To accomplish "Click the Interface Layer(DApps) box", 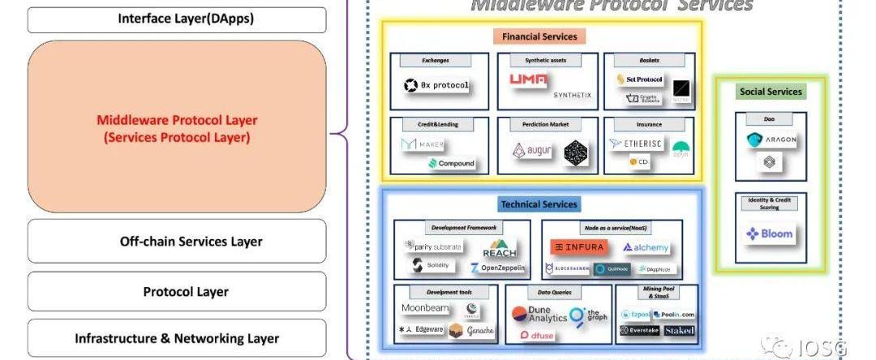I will pos(177,19).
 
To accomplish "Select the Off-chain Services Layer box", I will pos(177,241).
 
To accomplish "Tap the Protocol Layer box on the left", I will pos(177,291).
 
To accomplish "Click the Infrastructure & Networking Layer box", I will pos(177,338).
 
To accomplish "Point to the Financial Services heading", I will pos(539,36).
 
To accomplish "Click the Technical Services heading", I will pos(539,204).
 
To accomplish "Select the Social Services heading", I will pos(770,92).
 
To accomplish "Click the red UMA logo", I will pos(528,79).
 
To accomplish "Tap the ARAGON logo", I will pos(771,139).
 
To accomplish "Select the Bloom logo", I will pos(770,234).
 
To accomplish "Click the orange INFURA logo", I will pos(577,246).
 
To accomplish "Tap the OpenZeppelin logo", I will pos(497,267).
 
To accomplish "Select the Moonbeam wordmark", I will pos(425,308).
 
